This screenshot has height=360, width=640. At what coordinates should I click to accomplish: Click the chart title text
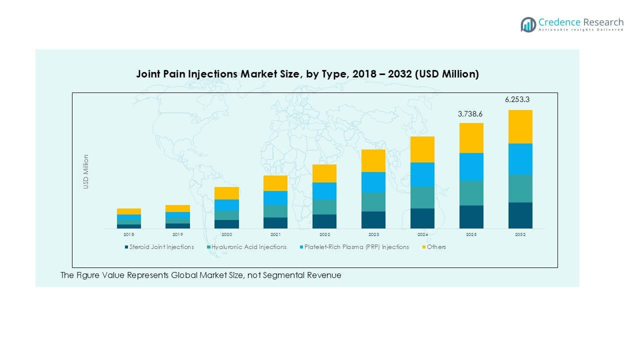coord(307,74)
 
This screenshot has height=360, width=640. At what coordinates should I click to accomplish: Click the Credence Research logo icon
coord(528,24)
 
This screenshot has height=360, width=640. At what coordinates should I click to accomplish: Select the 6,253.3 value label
coord(520,100)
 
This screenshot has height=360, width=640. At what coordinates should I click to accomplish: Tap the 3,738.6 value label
coord(471,114)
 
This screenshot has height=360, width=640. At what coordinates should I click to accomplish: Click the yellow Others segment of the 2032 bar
coord(520,126)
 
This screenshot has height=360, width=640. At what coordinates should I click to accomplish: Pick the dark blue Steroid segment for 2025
coord(471,217)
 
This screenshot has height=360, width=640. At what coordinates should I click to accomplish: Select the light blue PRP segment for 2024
coord(422,174)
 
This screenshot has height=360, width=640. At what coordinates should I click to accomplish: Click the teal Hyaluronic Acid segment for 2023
coord(373,202)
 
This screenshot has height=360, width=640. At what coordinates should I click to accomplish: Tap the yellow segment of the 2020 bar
coord(226,193)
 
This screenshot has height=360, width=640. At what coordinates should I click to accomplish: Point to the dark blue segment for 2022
coord(324,221)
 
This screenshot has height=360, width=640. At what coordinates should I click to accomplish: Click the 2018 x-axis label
coord(129,234)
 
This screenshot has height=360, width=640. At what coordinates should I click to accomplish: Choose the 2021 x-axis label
coord(275,234)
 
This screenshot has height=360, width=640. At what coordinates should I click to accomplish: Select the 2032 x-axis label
coord(520,234)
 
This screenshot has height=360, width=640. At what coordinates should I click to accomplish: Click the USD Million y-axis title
coord(86,171)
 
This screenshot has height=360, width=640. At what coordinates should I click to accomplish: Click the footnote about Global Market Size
coord(201,275)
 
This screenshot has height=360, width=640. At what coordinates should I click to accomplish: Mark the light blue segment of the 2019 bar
coord(177,215)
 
